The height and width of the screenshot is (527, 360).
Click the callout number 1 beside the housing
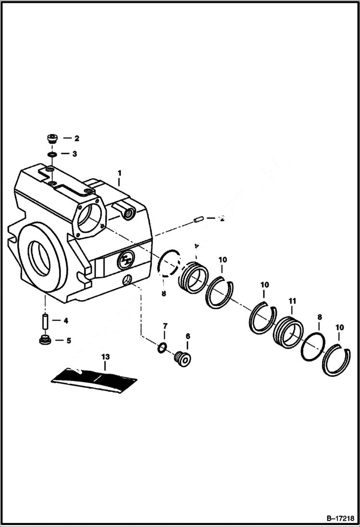(120, 172)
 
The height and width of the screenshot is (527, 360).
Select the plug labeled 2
(52, 138)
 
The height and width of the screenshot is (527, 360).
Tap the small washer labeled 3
(52, 154)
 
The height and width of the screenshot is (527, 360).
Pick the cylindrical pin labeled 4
(45, 320)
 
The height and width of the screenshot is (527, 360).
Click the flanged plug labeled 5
(44, 341)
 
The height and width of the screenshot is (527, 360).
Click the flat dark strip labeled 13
(95, 378)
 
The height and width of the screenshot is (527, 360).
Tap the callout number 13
(105, 356)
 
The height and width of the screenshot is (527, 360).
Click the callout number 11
(292, 301)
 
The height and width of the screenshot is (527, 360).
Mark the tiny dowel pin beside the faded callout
(196, 220)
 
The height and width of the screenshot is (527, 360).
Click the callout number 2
(76, 138)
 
